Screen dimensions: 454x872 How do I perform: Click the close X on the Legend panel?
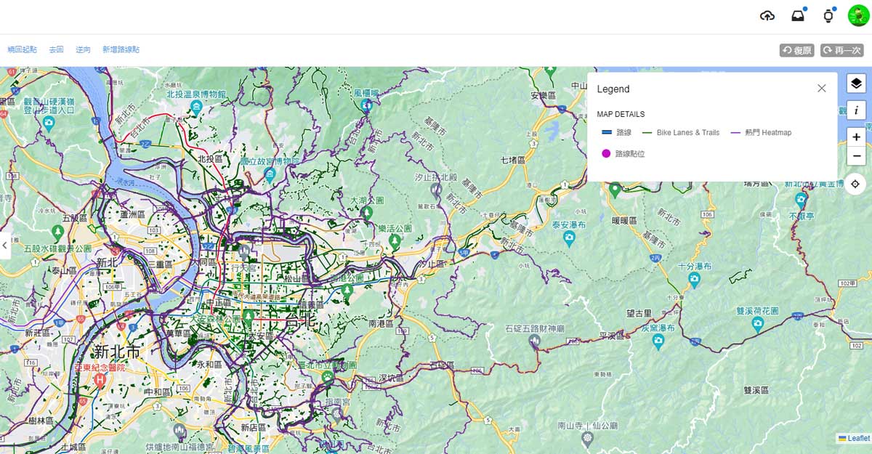[x=821, y=89]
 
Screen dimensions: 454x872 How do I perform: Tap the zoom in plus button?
[x=857, y=137]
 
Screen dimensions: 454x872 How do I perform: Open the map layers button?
[x=857, y=84]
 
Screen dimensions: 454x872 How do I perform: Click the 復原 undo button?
[x=797, y=50]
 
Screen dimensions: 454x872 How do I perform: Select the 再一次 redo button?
[x=842, y=50]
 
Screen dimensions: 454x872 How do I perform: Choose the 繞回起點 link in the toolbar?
[x=23, y=49]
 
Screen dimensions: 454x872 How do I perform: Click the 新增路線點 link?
[x=121, y=49]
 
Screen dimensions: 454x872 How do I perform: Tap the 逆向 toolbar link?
[x=83, y=49]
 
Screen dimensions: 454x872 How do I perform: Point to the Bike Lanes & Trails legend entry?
[x=682, y=133]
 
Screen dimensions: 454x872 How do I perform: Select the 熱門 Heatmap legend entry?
[x=762, y=133]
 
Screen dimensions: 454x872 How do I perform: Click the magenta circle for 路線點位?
[x=606, y=153]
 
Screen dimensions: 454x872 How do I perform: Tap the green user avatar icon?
[x=858, y=16]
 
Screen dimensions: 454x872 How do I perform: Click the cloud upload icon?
[x=767, y=16]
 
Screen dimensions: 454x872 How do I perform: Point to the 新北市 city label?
[x=116, y=352]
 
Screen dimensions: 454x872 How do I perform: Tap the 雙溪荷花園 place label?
[x=756, y=310]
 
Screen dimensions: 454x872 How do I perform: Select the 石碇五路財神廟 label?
[x=535, y=329]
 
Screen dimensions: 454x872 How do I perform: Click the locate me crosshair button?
[x=857, y=184]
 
